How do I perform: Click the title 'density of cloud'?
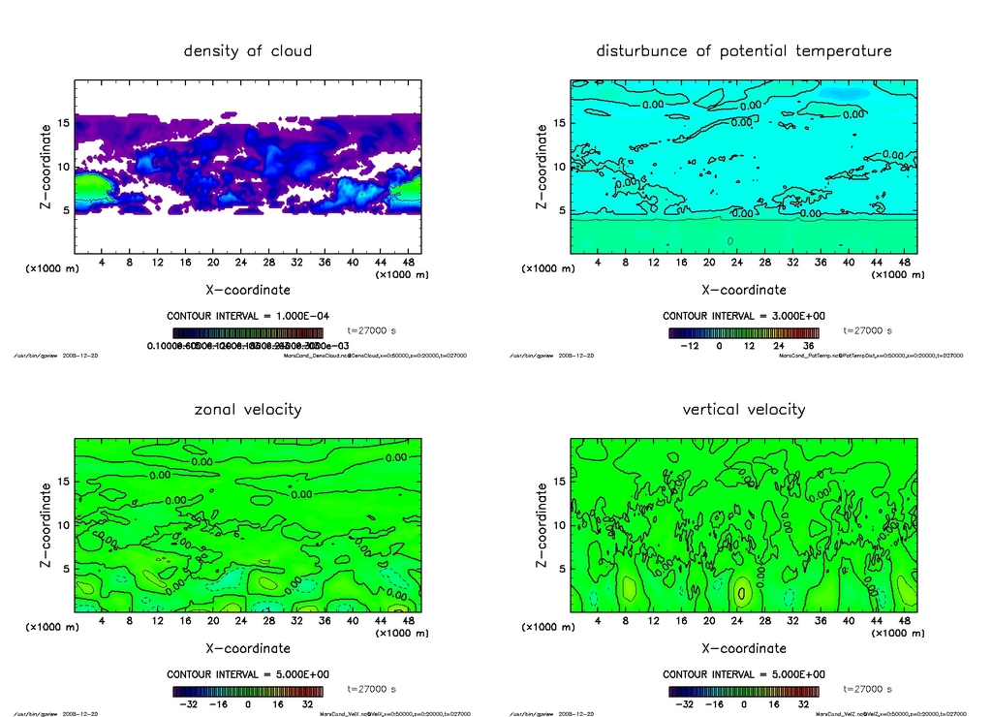coord(248,50)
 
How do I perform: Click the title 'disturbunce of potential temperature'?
coord(744,50)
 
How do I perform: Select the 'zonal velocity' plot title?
coord(248,409)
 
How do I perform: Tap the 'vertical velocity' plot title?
coord(744,409)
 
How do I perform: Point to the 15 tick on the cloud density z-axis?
coord(63,123)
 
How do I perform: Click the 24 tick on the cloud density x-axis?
coord(241,263)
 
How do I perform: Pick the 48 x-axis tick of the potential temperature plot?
coord(904,263)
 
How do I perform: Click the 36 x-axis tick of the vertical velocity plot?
coord(820,621)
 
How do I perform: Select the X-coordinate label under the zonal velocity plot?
coord(248,648)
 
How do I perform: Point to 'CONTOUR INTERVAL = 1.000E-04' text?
coord(248,316)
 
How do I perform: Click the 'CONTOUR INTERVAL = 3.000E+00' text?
coord(744,316)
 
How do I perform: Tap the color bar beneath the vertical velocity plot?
coord(744,692)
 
